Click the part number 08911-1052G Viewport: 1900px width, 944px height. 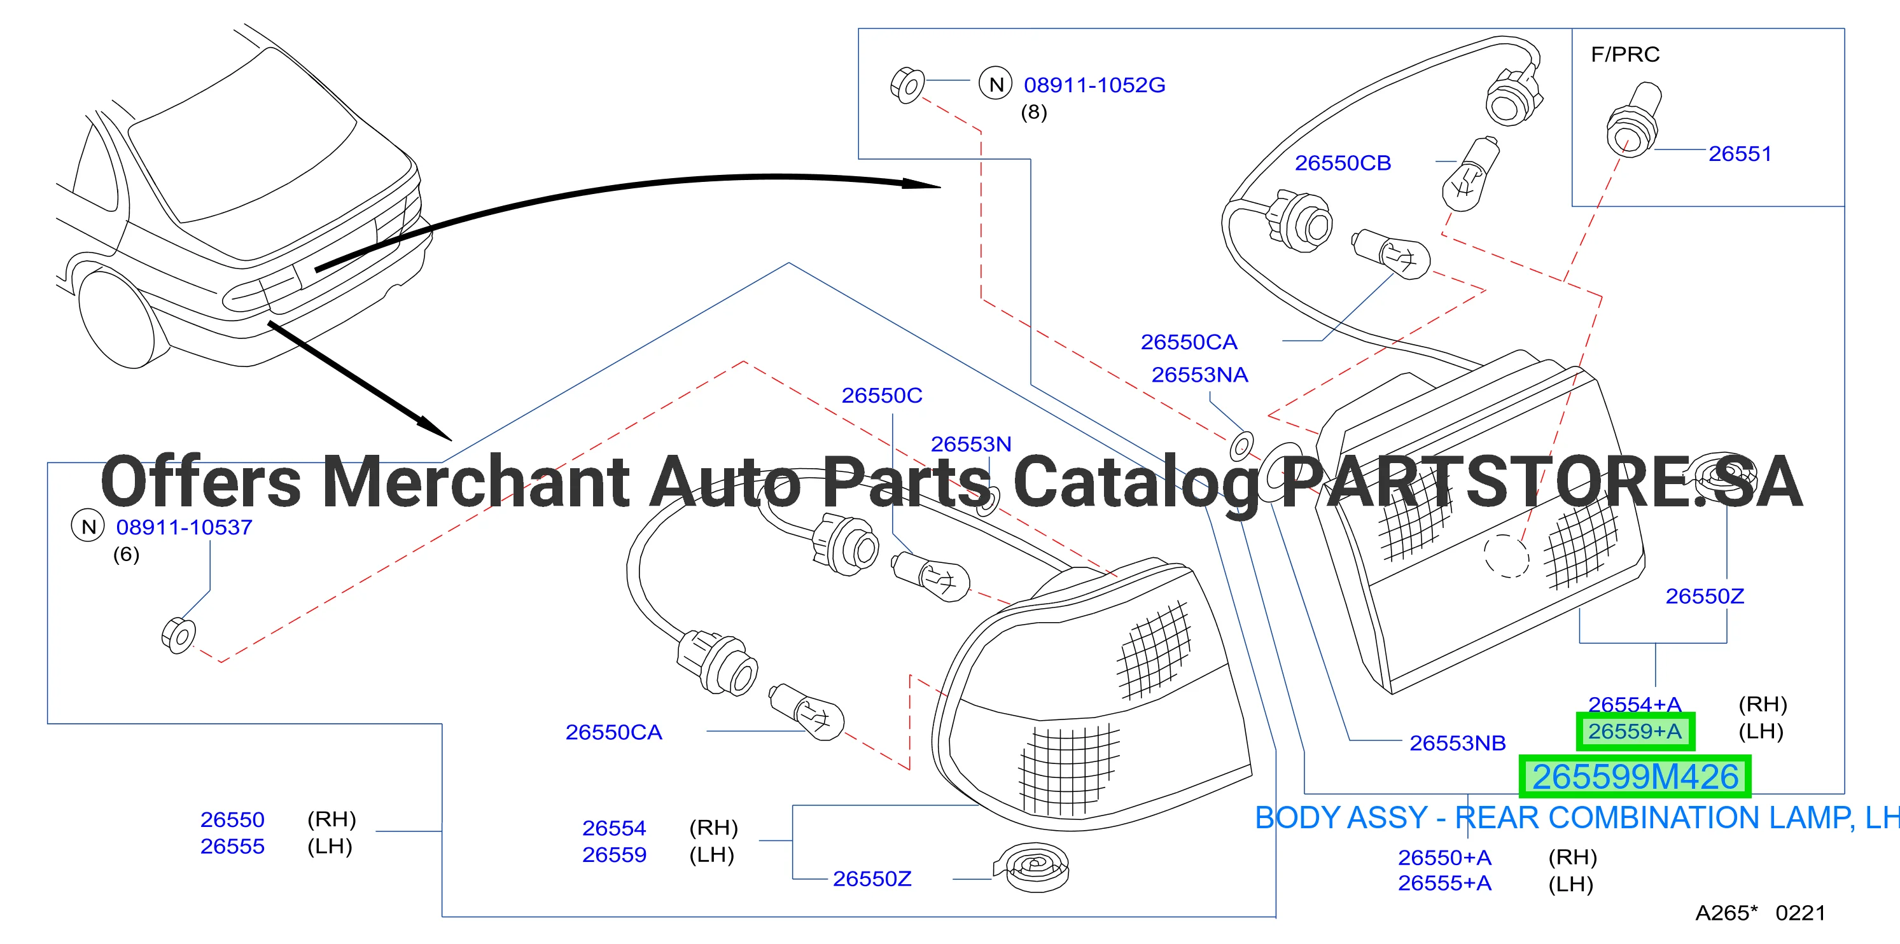pos(1094,85)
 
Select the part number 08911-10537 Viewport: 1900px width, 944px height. pos(185,527)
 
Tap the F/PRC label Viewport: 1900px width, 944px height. pos(1625,55)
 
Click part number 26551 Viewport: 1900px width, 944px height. pos(1740,153)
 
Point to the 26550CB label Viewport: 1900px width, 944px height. pos(1343,163)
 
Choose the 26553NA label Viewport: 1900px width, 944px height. pos(1200,375)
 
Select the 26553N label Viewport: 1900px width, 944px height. pos(970,444)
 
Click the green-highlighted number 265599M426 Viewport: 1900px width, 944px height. pos(1635,777)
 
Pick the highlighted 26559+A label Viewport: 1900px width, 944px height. pos(1635,732)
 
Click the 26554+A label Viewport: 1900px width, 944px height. pos(1635,704)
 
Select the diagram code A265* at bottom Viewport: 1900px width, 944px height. pos(1726,913)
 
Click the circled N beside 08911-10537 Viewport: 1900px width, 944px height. pos(88,527)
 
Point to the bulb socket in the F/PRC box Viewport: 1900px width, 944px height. pos(1633,120)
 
